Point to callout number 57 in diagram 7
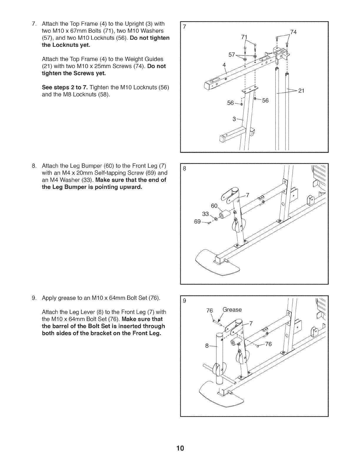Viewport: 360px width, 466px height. tap(232, 55)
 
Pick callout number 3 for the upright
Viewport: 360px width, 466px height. tap(234, 119)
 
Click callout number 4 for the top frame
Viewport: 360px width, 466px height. tap(224, 64)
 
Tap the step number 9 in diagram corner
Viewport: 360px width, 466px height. tap(184, 301)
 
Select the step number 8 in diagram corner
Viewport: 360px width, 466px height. tap(184, 169)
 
